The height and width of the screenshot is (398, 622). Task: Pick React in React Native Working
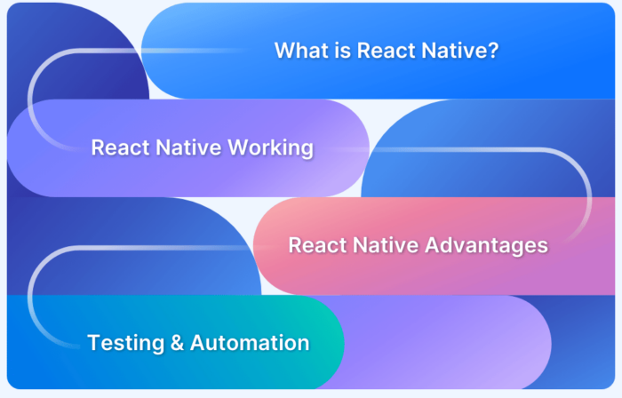120,147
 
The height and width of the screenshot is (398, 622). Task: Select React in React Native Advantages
317,244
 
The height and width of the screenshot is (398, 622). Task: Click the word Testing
124,342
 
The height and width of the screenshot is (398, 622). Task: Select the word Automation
250,342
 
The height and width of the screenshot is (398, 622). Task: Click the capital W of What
283,51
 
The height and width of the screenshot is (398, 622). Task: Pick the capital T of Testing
92,342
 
